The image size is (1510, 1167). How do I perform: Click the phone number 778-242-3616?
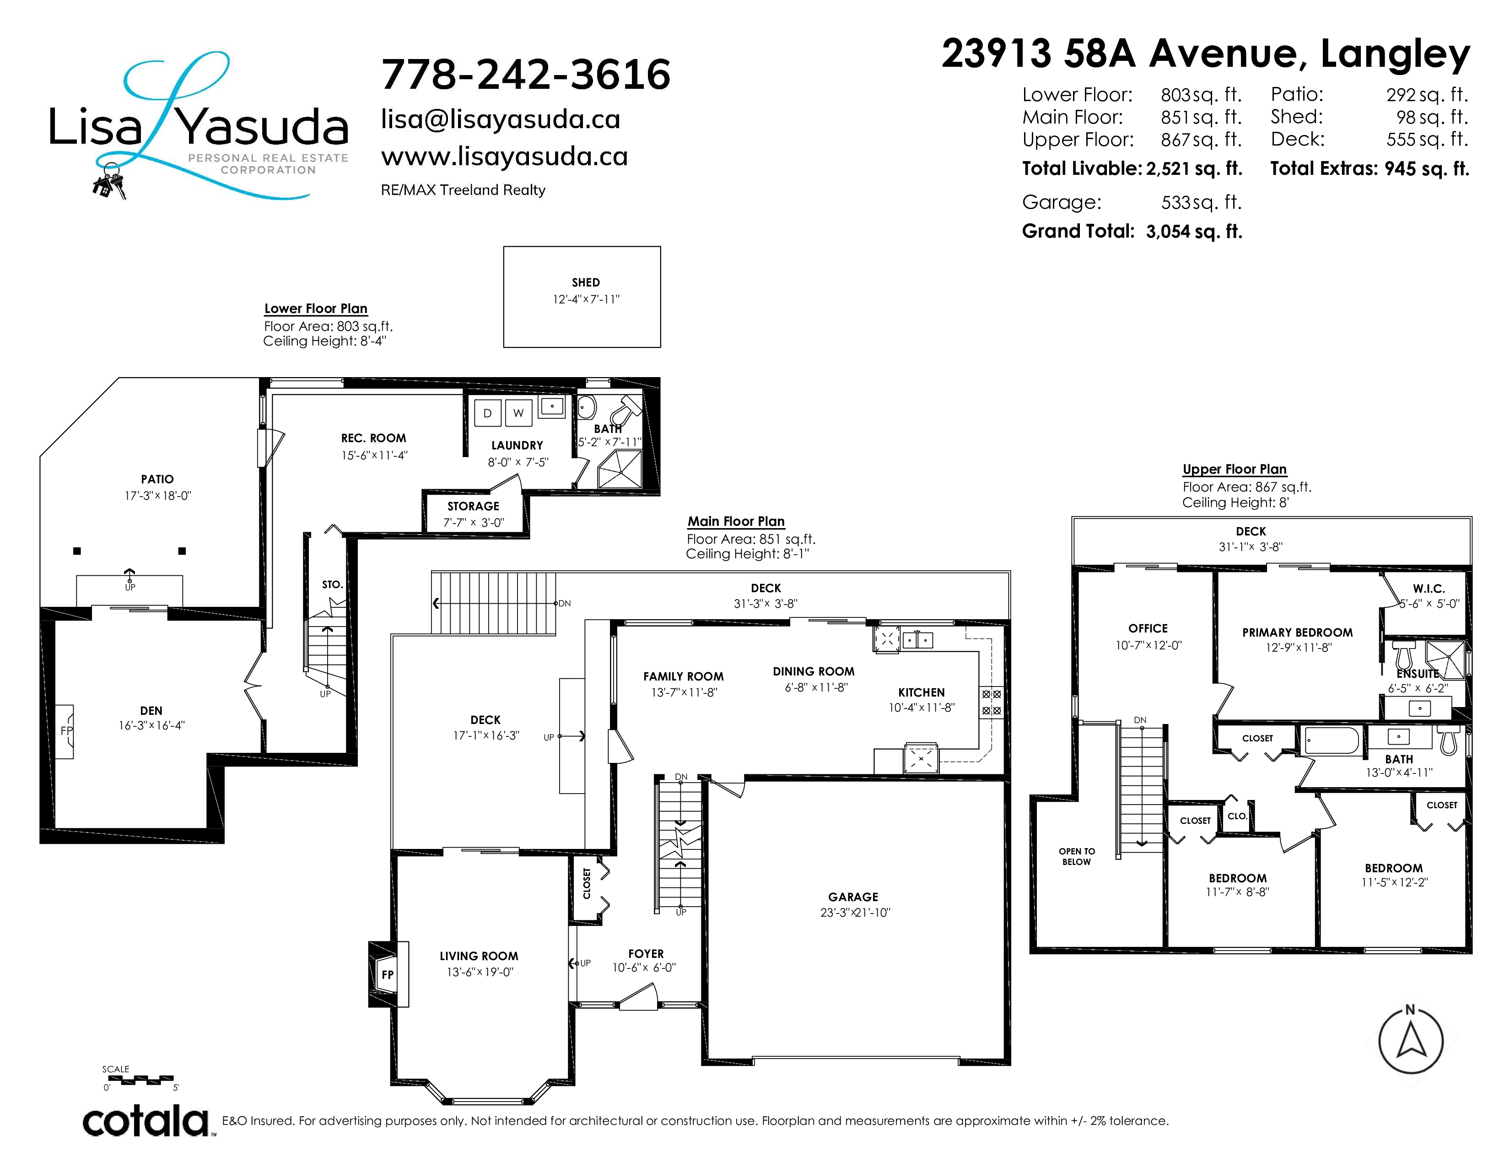pyautogui.click(x=525, y=75)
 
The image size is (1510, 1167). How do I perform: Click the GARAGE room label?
pyautogui.click(x=853, y=897)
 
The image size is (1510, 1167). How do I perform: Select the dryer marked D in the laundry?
pyautogui.click(x=487, y=413)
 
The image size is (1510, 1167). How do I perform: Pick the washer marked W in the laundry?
pyautogui.click(x=518, y=413)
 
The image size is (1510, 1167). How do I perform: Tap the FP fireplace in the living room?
pyautogui.click(x=388, y=974)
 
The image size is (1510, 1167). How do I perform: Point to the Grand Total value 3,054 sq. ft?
pyautogui.click(x=1194, y=232)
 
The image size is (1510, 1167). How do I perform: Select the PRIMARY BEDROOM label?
pyautogui.click(x=1297, y=632)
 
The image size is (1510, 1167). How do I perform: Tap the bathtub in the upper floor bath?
pyautogui.click(x=1332, y=740)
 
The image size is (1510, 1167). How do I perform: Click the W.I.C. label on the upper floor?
pyautogui.click(x=1429, y=589)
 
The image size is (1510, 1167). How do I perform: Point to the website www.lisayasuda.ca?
pyautogui.click(x=504, y=157)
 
